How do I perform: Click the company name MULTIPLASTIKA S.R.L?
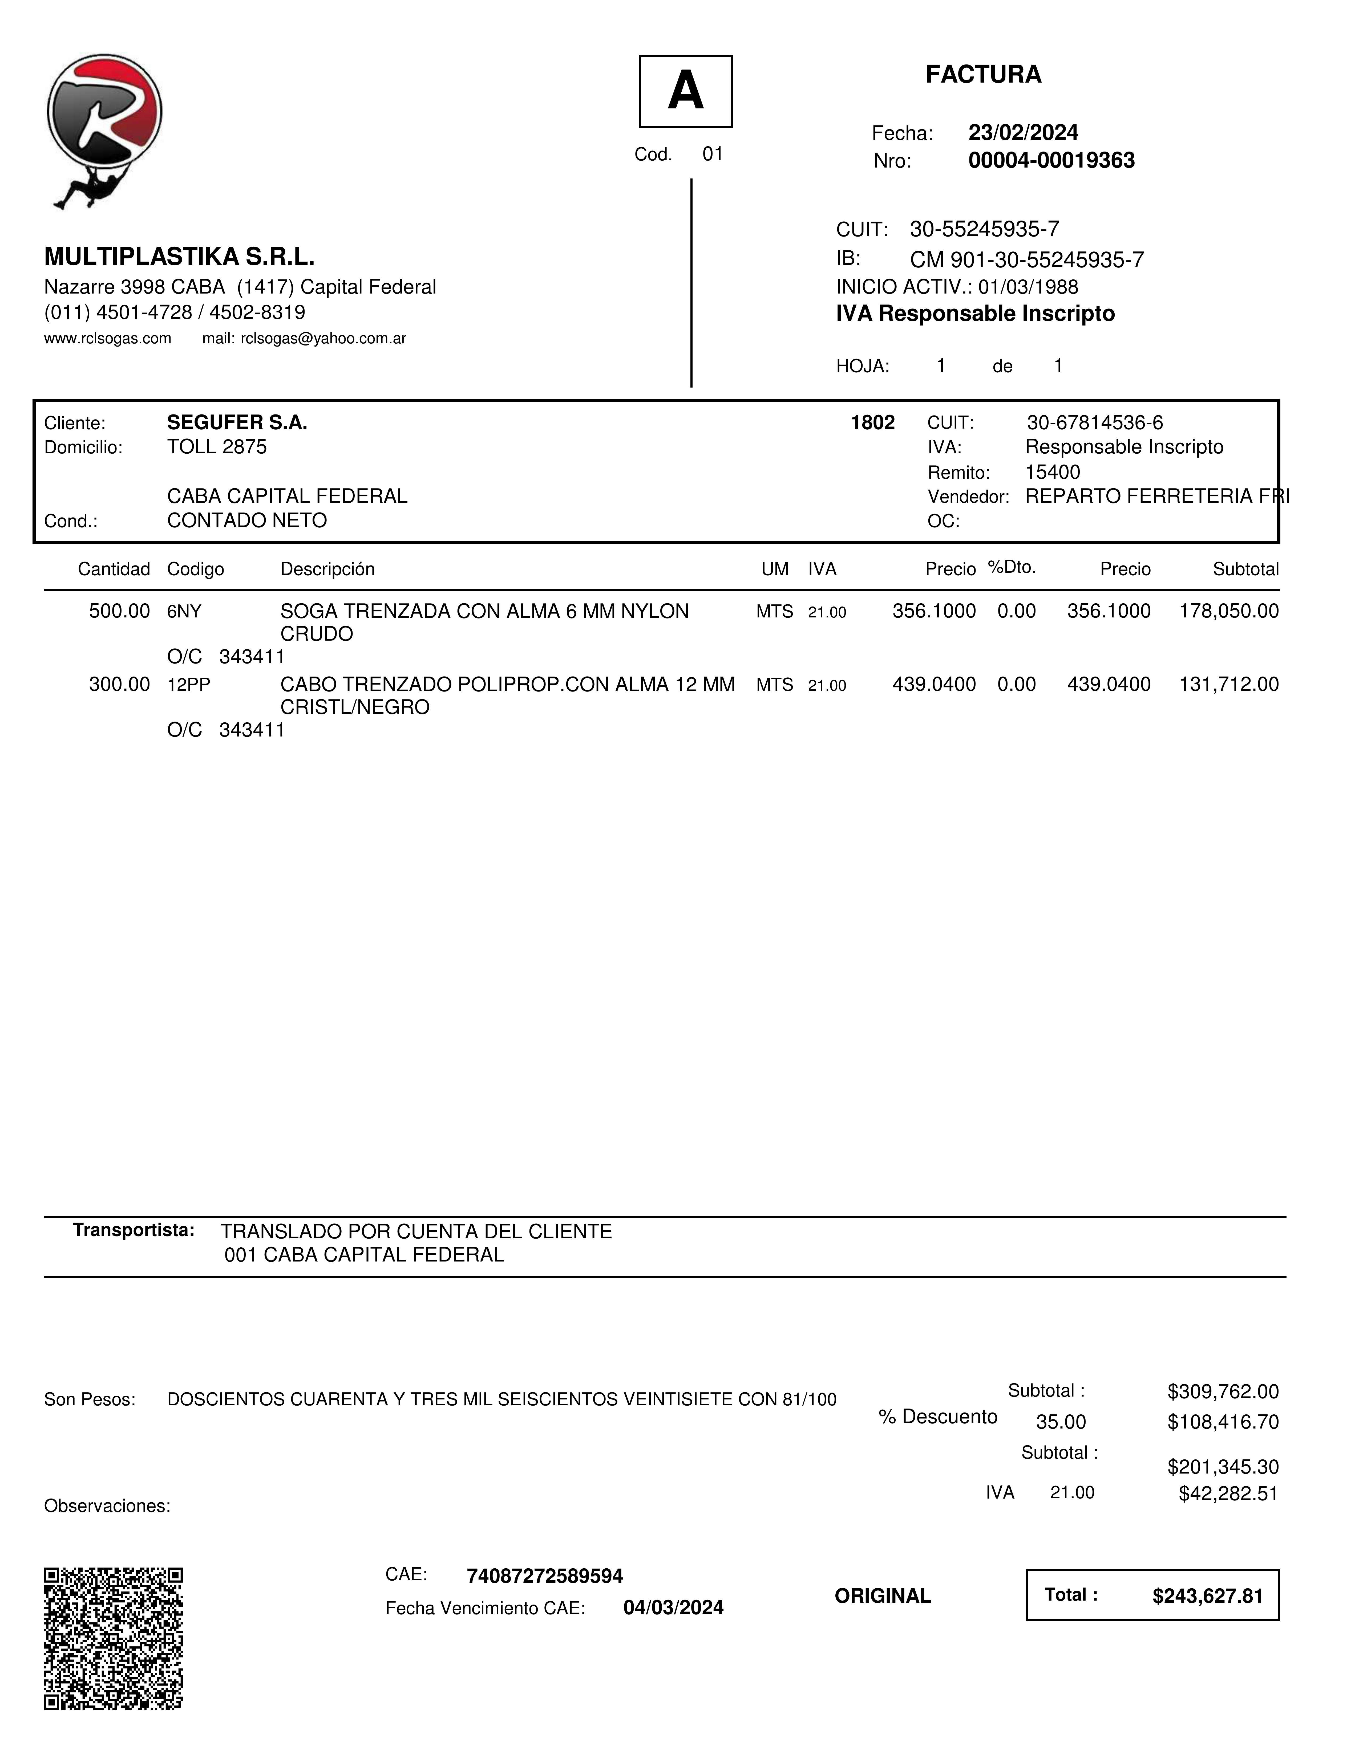click(x=179, y=257)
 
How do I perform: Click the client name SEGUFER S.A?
click(x=237, y=423)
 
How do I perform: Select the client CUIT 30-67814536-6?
click(x=1094, y=423)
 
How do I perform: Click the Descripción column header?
click(x=327, y=569)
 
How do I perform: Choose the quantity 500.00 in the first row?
click(x=119, y=611)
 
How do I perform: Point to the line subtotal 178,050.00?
click(x=1229, y=611)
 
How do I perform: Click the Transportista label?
click(x=134, y=1230)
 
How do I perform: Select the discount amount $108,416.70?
click(x=1223, y=1422)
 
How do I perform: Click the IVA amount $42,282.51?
click(x=1228, y=1494)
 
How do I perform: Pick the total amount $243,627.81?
click(x=1208, y=1596)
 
